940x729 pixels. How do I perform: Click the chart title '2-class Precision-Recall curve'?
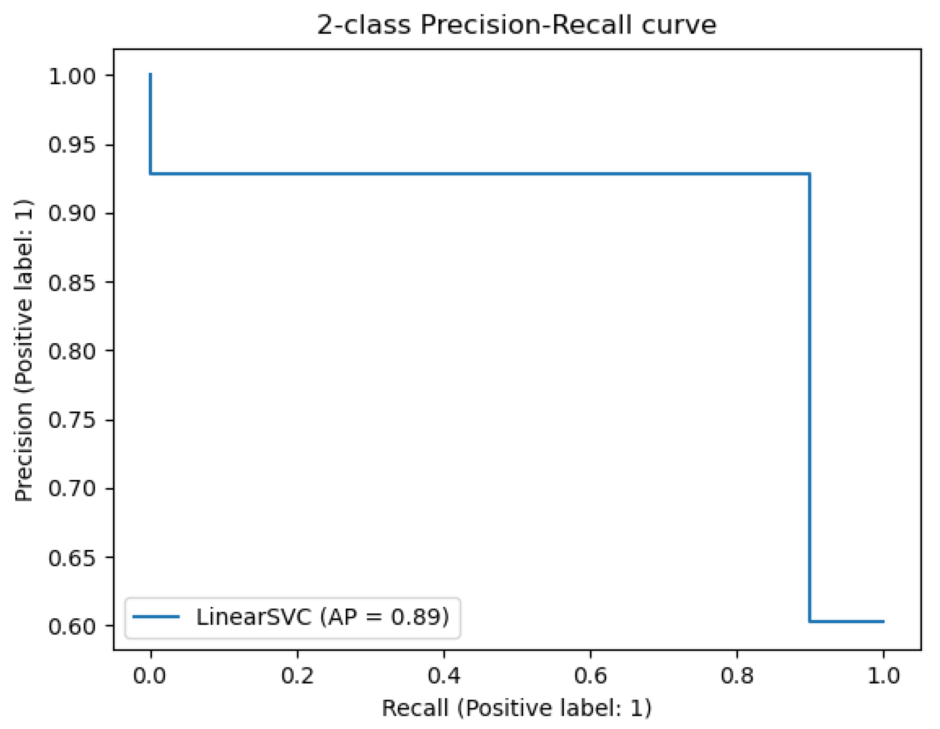[516, 24]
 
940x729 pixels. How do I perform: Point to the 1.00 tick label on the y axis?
[72, 76]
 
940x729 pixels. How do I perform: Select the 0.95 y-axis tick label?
[72, 145]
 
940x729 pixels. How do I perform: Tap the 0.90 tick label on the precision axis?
[72, 213]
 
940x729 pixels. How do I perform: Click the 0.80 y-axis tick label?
[72, 351]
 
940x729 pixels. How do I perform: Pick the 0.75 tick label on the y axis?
[72, 420]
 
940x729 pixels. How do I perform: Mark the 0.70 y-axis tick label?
[72, 489]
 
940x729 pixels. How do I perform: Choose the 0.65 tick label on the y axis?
[72, 558]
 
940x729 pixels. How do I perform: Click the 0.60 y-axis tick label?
[72, 627]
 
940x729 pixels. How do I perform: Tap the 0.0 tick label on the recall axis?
[149, 676]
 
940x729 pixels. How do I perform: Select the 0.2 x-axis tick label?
[297, 676]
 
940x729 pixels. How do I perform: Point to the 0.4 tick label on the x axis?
[444, 676]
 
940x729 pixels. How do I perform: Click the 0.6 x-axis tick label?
[590, 676]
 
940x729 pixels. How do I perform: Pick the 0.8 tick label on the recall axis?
[737, 676]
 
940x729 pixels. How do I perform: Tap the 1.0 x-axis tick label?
[883, 676]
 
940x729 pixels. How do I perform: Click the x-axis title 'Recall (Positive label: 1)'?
[516, 708]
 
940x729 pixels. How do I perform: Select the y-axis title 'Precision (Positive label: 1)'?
[24, 350]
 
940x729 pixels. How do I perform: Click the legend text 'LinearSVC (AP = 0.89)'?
[322, 617]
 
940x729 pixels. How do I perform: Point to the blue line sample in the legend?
[156, 617]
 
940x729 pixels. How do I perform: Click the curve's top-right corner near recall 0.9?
[809, 174]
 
